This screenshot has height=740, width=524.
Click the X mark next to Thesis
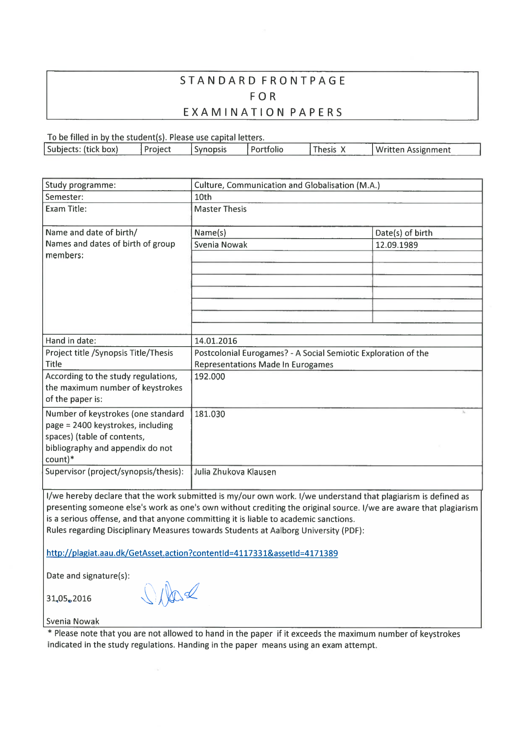click(343, 150)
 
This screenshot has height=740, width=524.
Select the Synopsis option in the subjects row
click(210, 150)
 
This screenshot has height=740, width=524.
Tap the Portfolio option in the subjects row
click(267, 150)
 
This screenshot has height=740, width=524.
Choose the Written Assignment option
click(413, 150)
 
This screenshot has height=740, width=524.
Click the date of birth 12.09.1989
click(397, 245)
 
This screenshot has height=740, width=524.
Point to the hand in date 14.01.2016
click(216, 341)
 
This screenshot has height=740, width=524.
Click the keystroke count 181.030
click(210, 414)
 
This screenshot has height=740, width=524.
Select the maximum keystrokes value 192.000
click(210, 377)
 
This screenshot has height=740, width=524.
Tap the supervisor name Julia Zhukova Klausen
click(235, 472)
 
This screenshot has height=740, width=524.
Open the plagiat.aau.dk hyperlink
click(192, 553)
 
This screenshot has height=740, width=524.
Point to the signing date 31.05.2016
click(69, 599)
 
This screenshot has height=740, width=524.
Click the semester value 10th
click(203, 197)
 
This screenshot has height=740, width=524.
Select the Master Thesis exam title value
click(220, 209)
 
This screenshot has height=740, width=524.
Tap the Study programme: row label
click(81, 185)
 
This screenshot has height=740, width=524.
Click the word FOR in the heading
click(263, 97)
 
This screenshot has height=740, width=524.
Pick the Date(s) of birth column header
click(404, 233)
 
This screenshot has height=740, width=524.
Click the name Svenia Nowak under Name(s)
click(221, 245)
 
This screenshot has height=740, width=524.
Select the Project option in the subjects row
click(157, 150)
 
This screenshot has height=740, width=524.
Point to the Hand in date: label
click(71, 341)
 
